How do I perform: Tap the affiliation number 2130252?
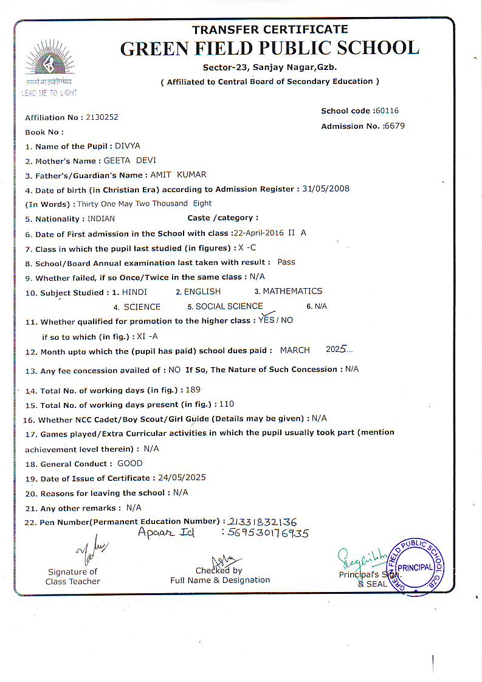tap(102, 117)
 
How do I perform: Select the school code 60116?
tap(387, 111)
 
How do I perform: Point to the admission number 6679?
tap(394, 126)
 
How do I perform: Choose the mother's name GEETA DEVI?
tap(129, 160)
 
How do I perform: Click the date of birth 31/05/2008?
tap(326, 189)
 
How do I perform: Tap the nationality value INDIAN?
tap(101, 218)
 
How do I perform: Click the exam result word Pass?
tap(286, 262)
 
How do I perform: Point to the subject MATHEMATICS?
tap(292, 291)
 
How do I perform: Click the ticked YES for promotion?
tap(266, 319)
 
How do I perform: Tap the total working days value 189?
tap(193, 390)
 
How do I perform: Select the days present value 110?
tap(226, 404)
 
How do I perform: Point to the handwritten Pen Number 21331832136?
tap(262, 522)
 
